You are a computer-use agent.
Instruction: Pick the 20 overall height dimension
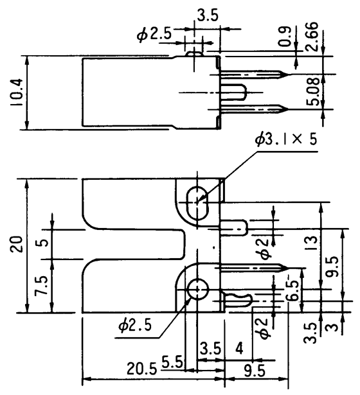tap(15, 244)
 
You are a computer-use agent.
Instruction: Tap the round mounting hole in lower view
tap(197, 290)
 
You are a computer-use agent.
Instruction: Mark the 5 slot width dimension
tap(42, 244)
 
